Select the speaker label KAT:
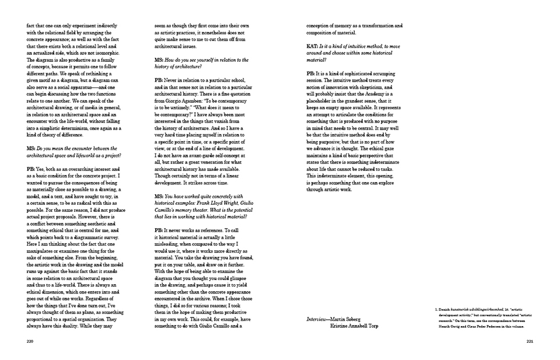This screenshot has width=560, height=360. (x=312, y=45)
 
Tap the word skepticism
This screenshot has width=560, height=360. (x=380, y=87)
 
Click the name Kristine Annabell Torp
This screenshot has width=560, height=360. (x=354, y=326)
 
